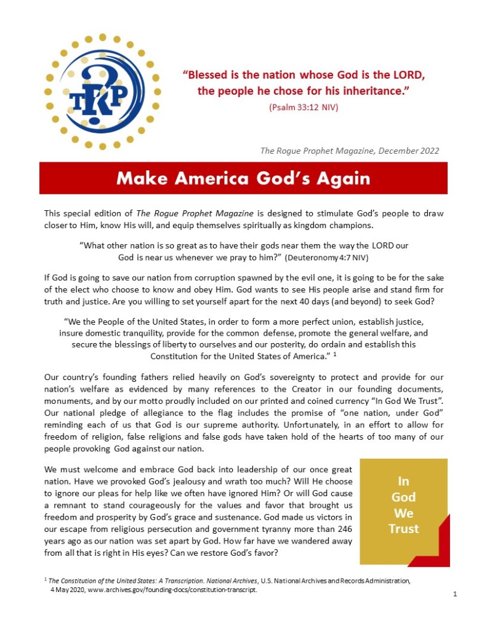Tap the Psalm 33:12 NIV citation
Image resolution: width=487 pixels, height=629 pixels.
pyautogui.click(x=304, y=107)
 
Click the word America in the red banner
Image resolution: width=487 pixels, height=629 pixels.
pyautogui.click(x=225, y=178)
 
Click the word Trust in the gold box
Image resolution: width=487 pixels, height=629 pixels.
pyautogui.click(x=403, y=528)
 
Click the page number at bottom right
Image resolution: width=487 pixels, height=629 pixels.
pyautogui.click(x=454, y=594)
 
